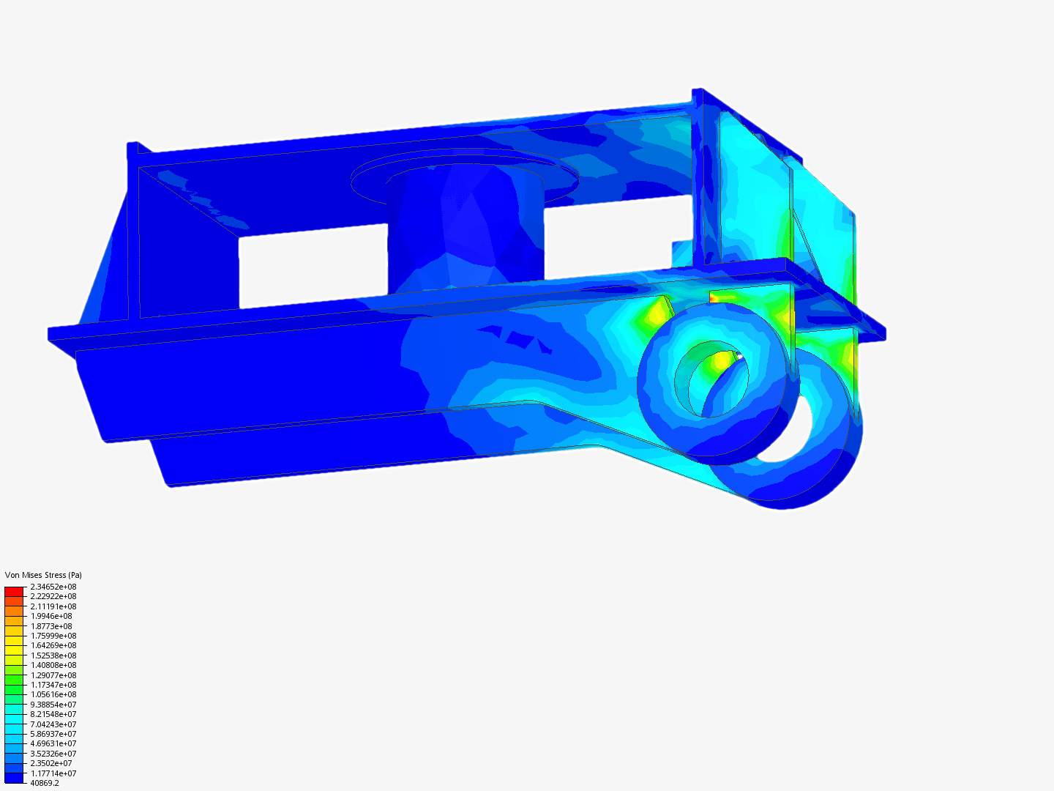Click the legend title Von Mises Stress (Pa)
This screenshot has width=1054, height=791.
point(43,575)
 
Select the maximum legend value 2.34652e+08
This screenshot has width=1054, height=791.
point(53,587)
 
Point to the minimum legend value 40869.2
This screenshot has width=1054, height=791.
point(44,783)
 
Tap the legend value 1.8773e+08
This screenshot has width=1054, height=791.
point(51,626)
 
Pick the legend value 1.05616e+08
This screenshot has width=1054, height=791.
point(53,694)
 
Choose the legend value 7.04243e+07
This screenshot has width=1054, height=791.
point(53,724)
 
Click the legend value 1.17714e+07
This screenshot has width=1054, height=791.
point(53,773)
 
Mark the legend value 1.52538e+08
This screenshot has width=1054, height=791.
point(53,656)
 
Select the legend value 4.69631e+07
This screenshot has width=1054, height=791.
point(53,743)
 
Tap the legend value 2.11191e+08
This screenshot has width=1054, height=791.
point(53,606)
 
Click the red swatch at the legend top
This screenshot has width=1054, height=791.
point(14,591)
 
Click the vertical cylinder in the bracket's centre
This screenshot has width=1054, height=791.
point(465,227)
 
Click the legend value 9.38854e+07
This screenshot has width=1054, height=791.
point(53,705)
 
